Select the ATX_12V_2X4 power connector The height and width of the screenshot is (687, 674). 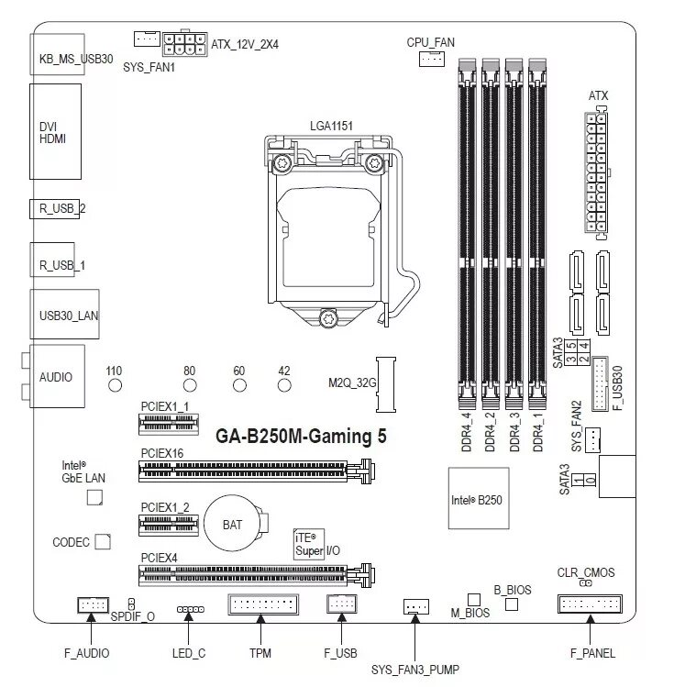point(185,44)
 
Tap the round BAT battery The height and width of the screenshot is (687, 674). point(233,525)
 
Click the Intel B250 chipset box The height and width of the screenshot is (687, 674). point(477,499)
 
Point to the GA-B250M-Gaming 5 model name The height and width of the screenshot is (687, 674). point(301,437)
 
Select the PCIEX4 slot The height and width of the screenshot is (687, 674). point(258,575)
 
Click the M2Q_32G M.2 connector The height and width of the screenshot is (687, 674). point(385,383)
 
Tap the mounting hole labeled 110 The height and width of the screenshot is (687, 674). point(115,385)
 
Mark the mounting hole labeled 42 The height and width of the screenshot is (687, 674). point(284,385)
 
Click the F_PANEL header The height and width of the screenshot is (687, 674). point(589,604)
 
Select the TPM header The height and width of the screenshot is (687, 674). point(261,604)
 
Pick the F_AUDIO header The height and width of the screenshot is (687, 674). point(91,604)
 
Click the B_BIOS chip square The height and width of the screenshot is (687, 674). point(512,604)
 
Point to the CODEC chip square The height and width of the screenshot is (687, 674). point(103,542)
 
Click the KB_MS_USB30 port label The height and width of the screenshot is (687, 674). point(76,59)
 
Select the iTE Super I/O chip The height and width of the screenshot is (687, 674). point(308,544)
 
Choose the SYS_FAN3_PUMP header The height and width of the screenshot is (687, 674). point(415,606)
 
